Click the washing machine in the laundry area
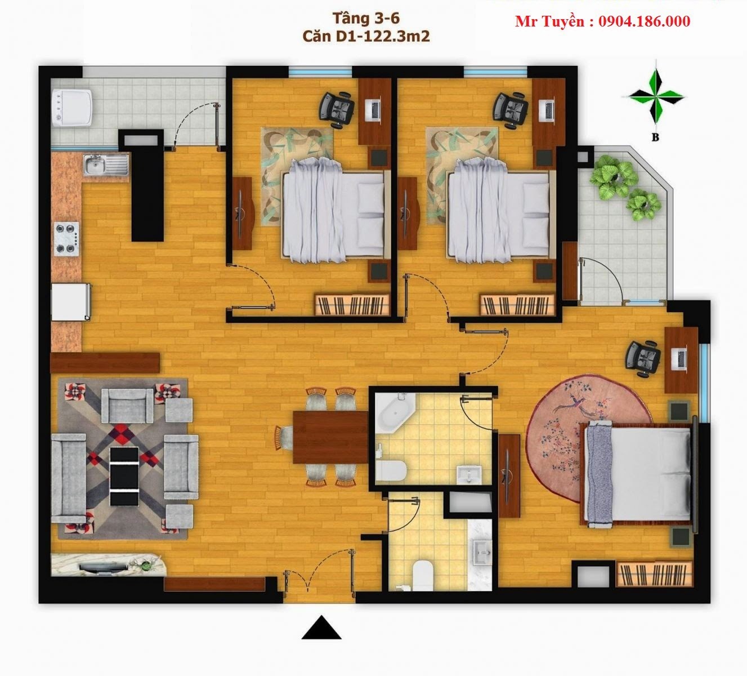click(73, 108)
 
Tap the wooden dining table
click(331, 437)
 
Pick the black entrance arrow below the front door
click(321, 628)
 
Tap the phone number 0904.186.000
click(644, 21)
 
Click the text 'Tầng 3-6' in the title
click(366, 18)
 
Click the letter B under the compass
click(655, 137)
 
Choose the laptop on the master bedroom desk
click(680, 360)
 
